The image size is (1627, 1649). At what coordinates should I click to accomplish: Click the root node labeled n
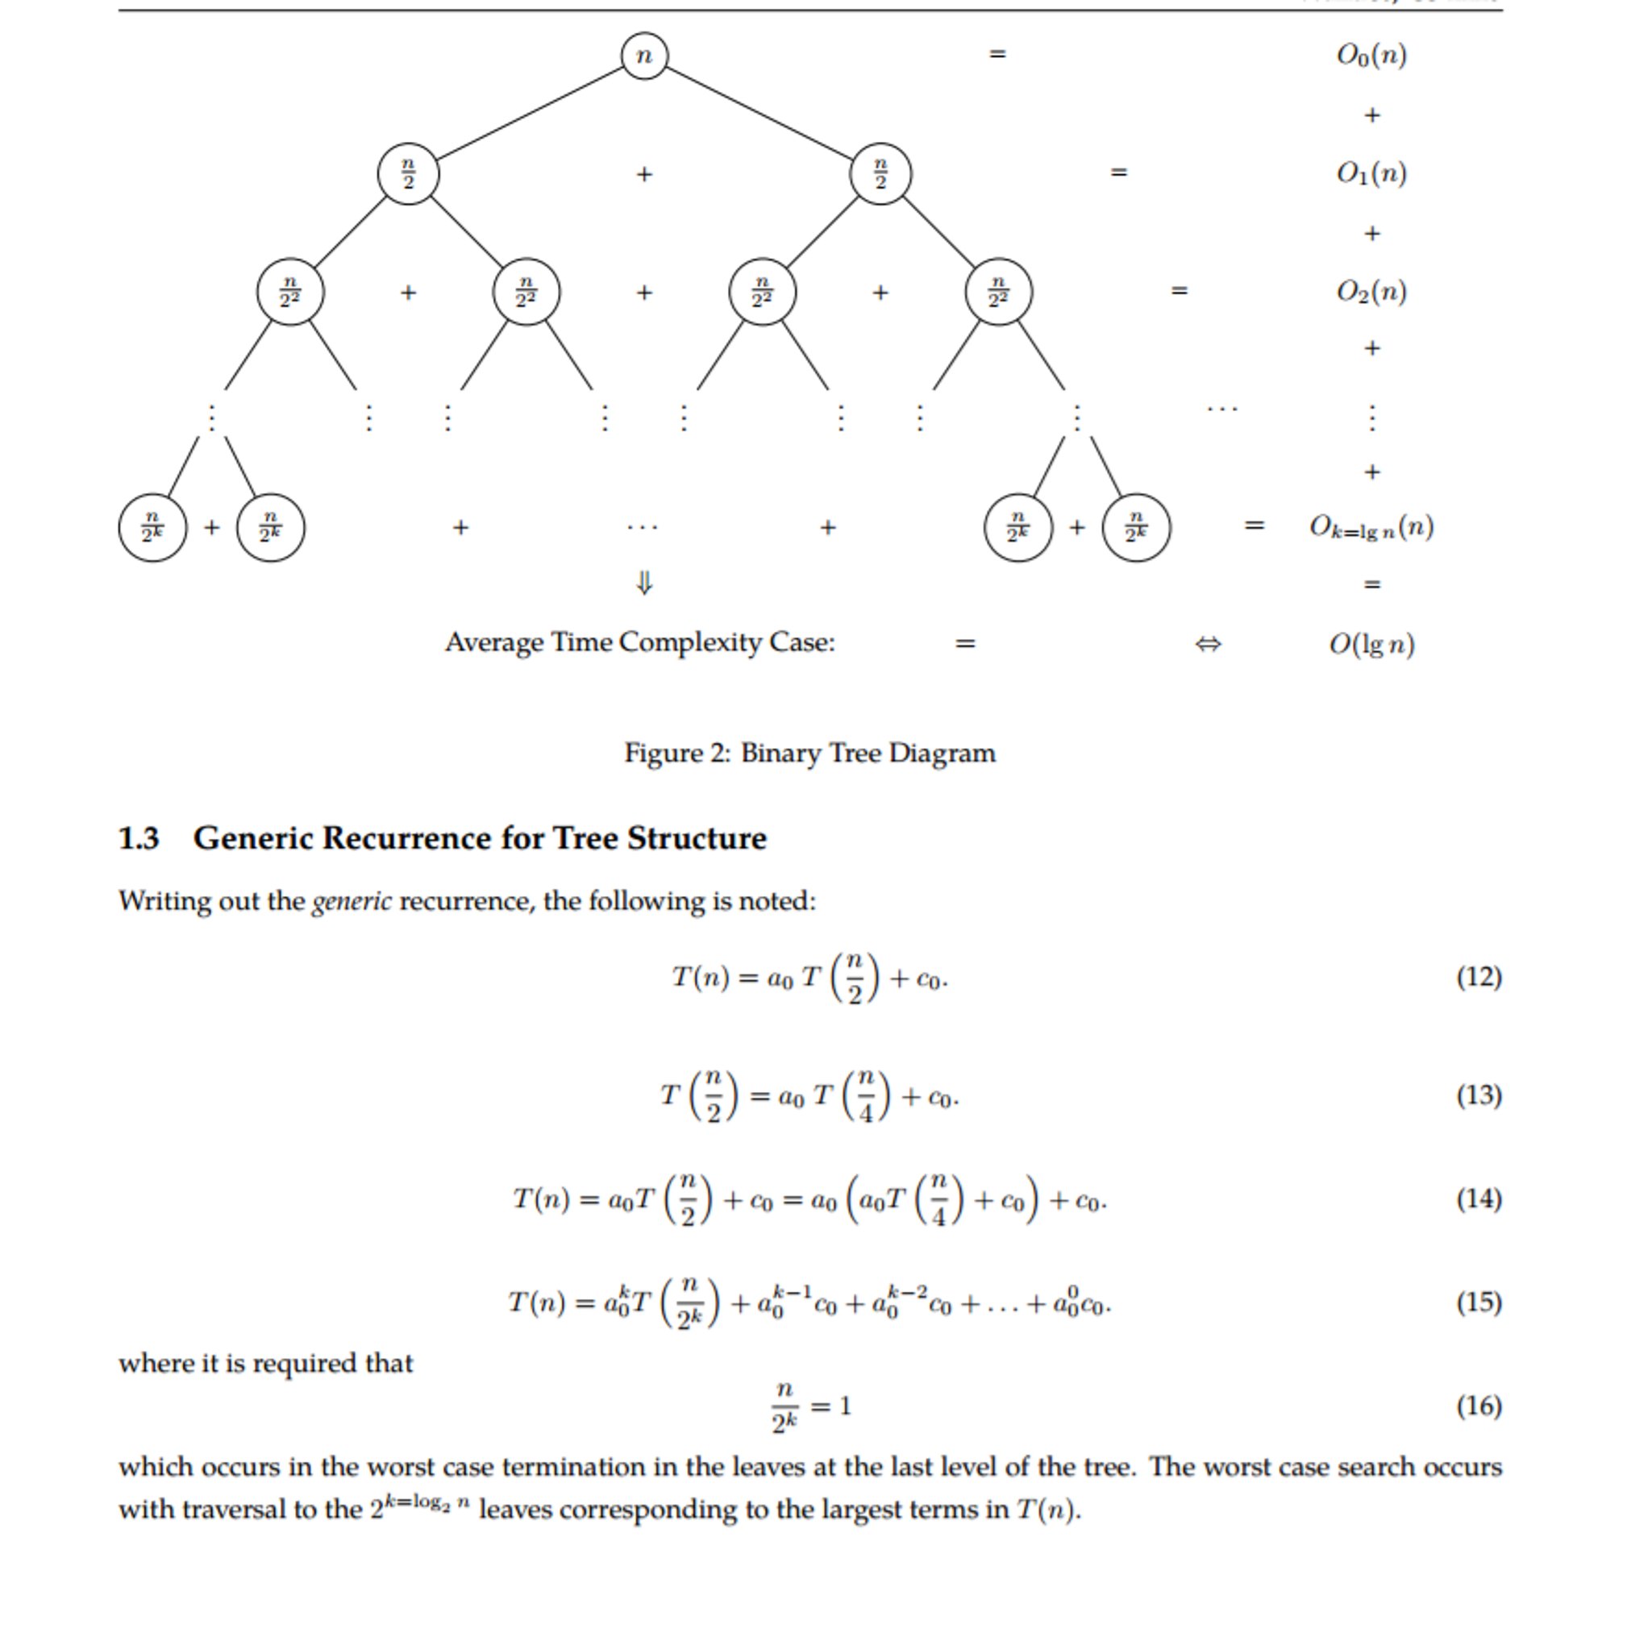tap(643, 56)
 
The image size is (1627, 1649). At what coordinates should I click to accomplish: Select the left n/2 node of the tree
tap(408, 173)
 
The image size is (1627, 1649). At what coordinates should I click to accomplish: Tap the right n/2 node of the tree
tap(880, 173)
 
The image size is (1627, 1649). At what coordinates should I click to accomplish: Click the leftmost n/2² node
tap(290, 292)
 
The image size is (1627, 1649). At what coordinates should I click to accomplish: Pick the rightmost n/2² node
tap(998, 292)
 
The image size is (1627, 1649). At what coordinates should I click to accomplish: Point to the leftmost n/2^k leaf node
tap(152, 527)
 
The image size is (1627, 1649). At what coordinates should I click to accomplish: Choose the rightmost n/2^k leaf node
tap(1135, 527)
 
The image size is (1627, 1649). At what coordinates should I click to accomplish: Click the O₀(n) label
tap(1371, 56)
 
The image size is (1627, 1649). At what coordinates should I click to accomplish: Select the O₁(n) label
tap(1371, 173)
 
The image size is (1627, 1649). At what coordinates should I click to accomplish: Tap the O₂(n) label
tap(1371, 292)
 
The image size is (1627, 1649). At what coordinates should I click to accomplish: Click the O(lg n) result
tap(1371, 643)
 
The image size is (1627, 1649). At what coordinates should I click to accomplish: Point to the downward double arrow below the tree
tap(644, 584)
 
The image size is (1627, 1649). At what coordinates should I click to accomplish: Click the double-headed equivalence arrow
tap(1207, 643)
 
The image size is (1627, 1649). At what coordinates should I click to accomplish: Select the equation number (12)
tap(1479, 977)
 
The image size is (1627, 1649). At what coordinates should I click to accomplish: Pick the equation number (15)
tap(1479, 1302)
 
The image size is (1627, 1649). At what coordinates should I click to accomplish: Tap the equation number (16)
tap(1479, 1406)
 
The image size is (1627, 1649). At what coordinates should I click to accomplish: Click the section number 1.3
tap(139, 838)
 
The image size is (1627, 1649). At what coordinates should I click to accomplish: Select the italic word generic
tap(352, 901)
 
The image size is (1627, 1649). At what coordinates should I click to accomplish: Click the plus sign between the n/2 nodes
tap(644, 174)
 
